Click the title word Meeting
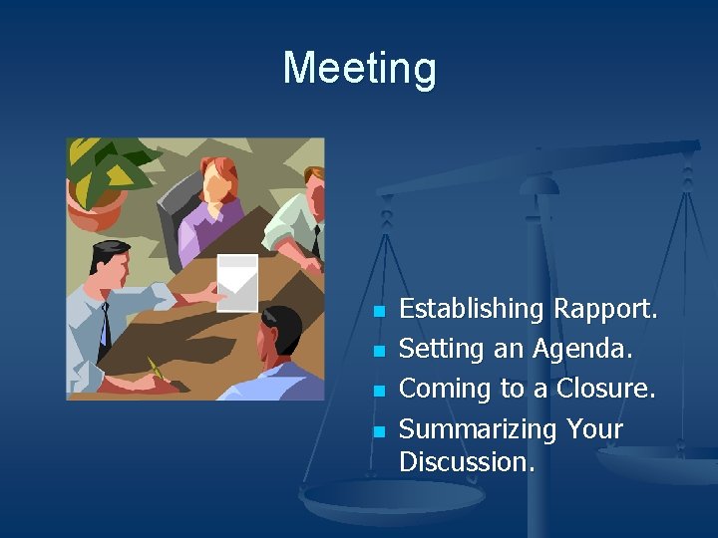359,69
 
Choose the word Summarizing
478,429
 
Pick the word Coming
443,390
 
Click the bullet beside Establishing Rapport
378,312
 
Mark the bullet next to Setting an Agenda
378,352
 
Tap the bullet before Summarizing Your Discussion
378,431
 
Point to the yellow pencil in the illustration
156,370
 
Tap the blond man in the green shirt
299,214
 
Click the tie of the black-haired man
104,324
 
